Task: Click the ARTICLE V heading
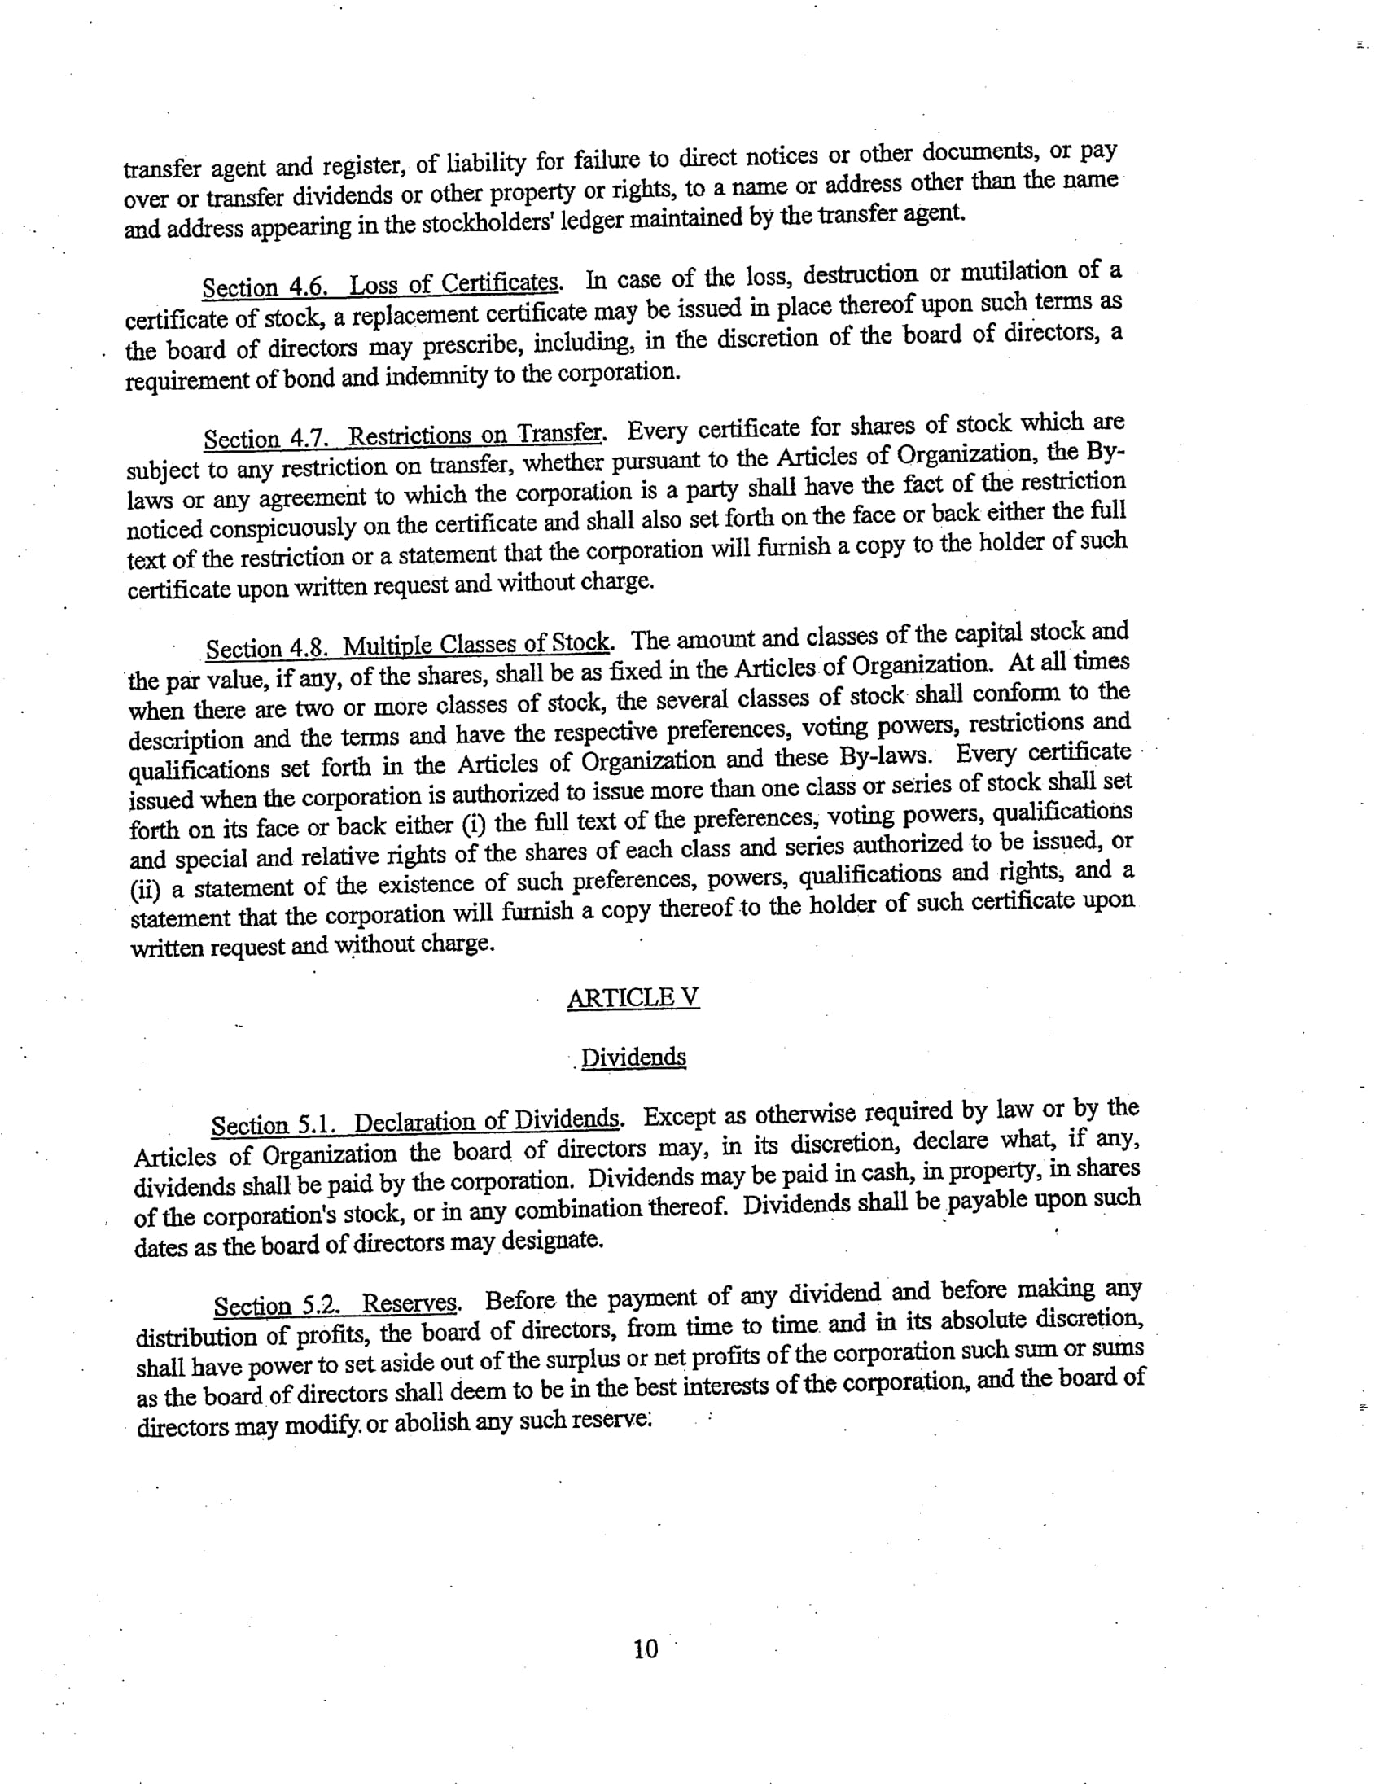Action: [633, 998]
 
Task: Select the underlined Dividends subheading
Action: [633, 1057]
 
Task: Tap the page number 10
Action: [646, 1649]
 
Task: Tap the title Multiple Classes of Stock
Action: [476, 644]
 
